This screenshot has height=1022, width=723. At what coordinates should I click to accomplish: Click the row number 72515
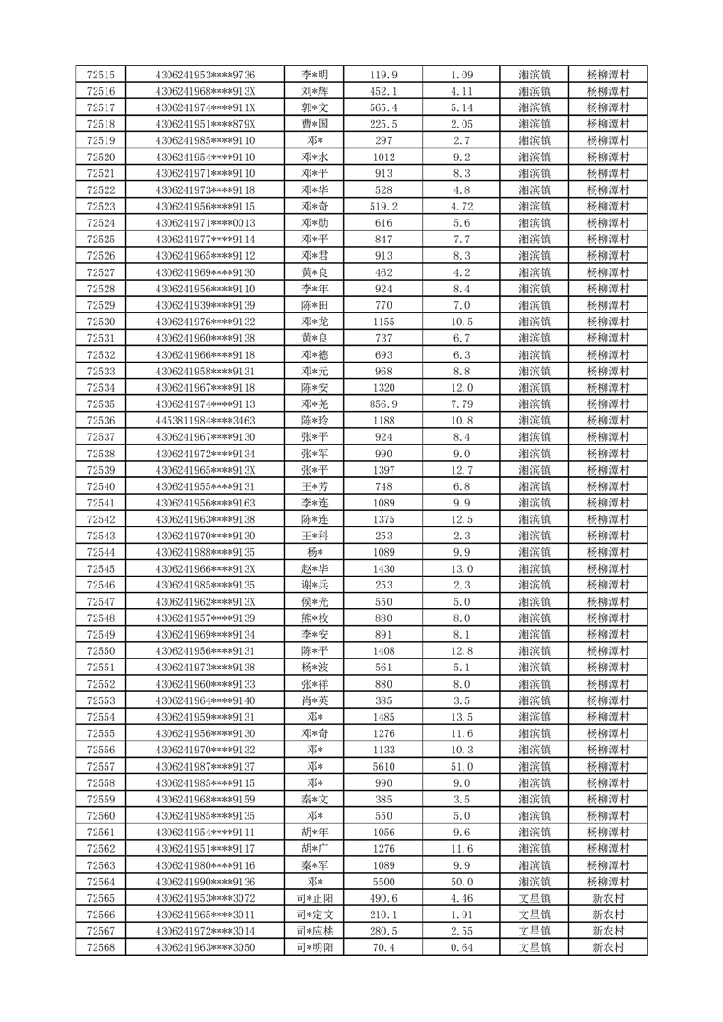[100, 75]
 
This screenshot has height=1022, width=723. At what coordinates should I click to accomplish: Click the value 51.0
[462, 766]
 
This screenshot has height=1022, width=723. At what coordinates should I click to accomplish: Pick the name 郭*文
[315, 107]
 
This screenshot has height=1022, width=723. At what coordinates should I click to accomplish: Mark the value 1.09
[462, 75]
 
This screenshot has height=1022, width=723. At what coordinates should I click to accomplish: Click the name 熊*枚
[315, 618]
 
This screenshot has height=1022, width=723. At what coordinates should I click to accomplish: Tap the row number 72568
[100, 947]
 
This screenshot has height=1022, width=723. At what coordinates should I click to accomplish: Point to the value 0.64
[462, 947]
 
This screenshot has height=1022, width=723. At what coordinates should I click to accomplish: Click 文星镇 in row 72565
[534, 898]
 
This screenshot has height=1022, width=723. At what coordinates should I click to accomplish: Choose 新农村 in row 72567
[607, 931]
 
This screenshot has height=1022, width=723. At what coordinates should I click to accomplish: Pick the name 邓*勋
[315, 223]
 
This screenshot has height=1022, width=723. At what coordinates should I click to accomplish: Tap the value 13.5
[462, 717]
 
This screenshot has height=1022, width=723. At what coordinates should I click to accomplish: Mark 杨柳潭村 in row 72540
[607, 486]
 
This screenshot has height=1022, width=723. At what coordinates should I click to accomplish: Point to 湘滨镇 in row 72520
[534, 157]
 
